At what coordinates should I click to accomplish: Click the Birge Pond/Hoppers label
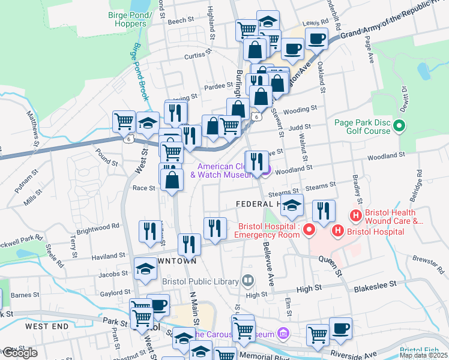click(x=127, y=19)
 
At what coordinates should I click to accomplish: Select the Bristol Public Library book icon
click(x=247, y=280)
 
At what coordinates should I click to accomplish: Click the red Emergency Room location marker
click(x=309, y=230)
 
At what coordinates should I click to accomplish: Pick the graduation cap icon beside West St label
click(x=148, y=123)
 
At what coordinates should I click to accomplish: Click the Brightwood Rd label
click(x=98, y=227)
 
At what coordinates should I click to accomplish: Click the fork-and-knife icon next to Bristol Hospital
click(x=323, y=211)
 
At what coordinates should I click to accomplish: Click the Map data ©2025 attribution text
click(x=423, y=355)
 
